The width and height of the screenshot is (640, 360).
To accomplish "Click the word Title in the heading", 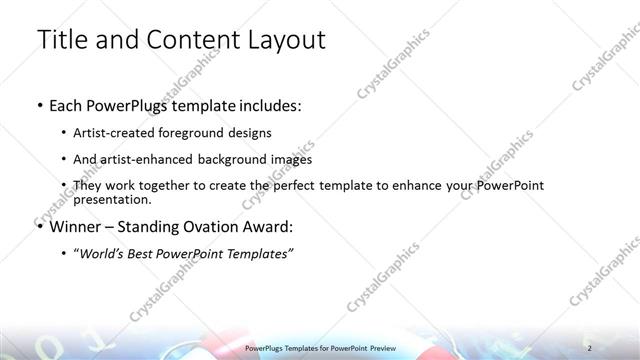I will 61,40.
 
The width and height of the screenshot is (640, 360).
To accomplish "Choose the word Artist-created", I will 112,132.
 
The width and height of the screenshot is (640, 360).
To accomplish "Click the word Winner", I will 77,226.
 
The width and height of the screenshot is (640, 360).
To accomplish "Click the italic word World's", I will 103,253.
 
